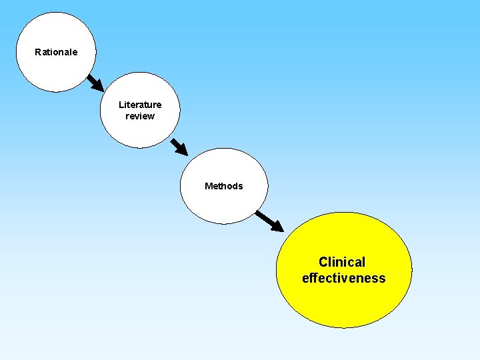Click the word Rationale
[x=56, y=52]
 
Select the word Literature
[x=140, y=105]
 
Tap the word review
[x=140, y=116]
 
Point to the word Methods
[x=224, y=186]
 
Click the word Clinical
[x=342, y=262]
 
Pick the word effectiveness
[x=343, y=278]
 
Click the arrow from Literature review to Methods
[x=179, y=146]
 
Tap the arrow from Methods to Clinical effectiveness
[x=269, y=221]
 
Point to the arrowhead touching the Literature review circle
[x=98, y=86]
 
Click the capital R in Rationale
[x=38, y=52]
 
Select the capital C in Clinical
[x=323, y=262]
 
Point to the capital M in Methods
[x=209, y=186]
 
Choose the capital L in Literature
[x=121, y=105]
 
